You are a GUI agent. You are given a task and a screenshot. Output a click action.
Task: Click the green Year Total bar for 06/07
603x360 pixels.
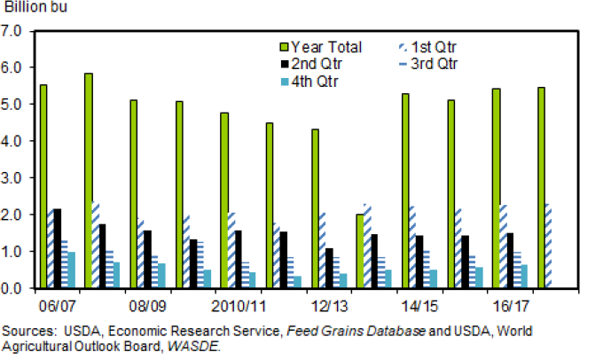[43, 186]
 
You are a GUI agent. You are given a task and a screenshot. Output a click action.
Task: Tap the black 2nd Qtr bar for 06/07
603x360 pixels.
[58, 248]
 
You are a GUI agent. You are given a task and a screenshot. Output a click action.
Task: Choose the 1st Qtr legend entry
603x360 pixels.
[430, 45]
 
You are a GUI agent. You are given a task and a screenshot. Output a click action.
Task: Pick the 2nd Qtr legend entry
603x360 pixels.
[315, 64]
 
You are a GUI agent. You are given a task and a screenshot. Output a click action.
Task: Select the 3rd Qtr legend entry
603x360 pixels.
[431, 64]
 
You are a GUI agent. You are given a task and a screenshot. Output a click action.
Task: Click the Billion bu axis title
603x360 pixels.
[32, 8]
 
